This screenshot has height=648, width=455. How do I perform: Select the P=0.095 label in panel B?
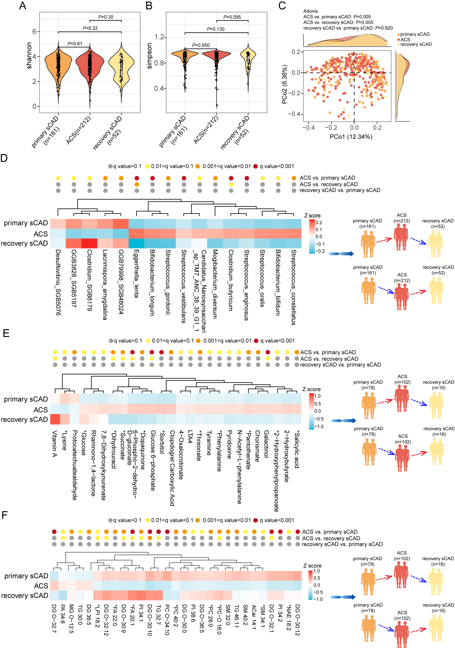[232, 17]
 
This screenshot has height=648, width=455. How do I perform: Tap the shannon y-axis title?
[29, 55]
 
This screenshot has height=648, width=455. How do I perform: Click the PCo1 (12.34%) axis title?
[351, 137]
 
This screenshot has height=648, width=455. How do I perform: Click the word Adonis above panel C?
[310, 11]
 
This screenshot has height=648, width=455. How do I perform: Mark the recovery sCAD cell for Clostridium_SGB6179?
[89, 243]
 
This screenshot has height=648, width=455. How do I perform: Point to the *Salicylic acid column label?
[296, 449]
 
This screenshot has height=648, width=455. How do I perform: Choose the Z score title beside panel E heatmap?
[311, 389]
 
